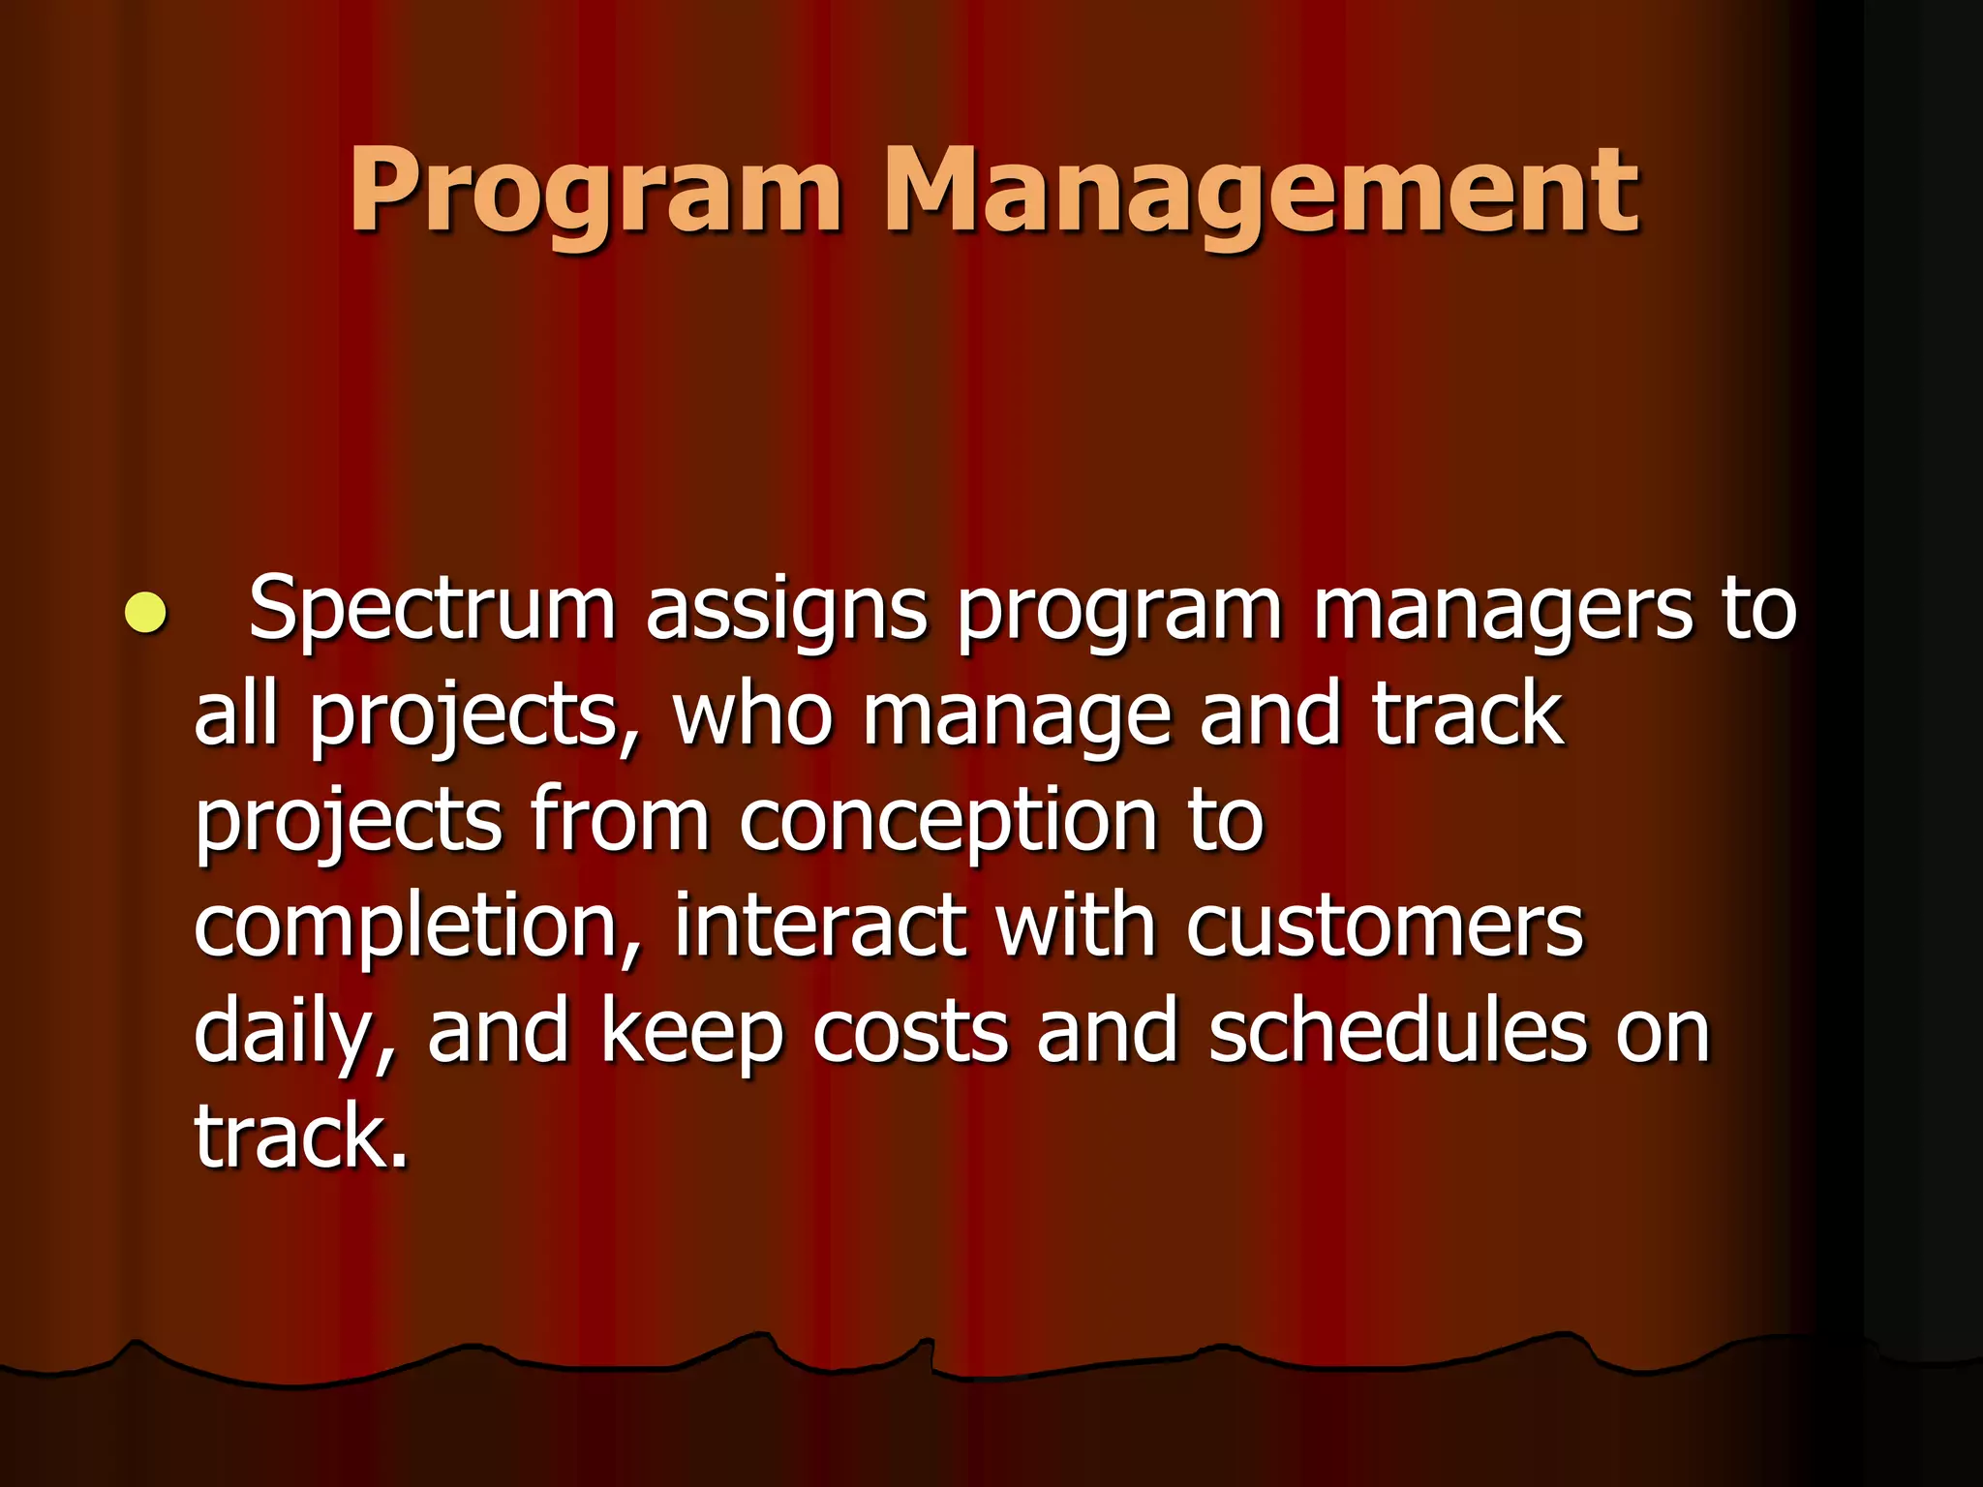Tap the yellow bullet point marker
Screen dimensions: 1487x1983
tap(145, 612)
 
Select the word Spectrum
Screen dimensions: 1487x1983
tap(432, 610)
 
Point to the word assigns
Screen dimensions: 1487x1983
tap(786, 612)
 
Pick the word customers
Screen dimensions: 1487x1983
tap(1385, 927)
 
